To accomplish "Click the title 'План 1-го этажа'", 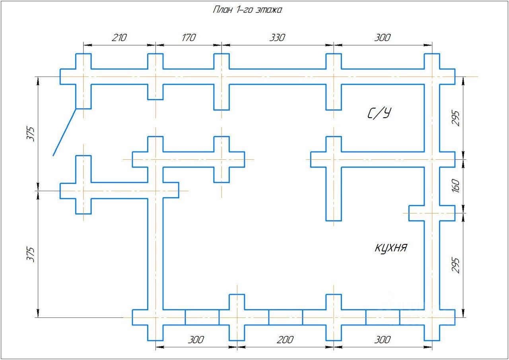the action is (x=247, y=10).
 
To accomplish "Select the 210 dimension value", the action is (x=119, y=38).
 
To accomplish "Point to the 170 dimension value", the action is (x=188, y=38).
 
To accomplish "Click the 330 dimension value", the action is (x=277, y=38).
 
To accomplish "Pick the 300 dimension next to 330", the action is (x=382, y=38).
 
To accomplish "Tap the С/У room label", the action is (x=379, y=114).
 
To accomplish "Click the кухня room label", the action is (x=391, y=248).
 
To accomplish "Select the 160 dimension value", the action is (x=456, y=186).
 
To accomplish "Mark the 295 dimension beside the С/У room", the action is (x=456, y=118).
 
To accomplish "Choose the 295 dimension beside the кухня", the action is (x=456, y=265).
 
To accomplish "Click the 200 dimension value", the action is (x=285, y=340).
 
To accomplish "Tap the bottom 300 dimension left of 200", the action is (x=196, y=340).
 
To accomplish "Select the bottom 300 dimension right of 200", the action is (x=382, y=340).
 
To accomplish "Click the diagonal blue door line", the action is (x=64, y=132).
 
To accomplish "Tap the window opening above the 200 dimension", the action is (x=285, y=317).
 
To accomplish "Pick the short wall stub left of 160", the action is (x=416, y=213).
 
